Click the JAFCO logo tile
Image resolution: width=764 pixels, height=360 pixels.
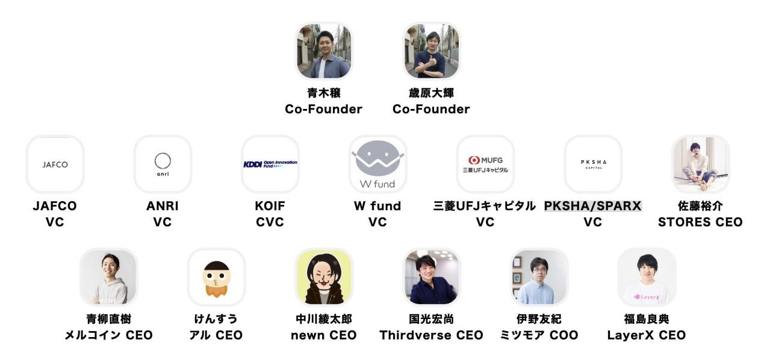[55, 164]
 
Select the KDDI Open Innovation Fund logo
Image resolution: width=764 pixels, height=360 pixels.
[270, 164]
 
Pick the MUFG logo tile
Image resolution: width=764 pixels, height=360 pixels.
[485, 164]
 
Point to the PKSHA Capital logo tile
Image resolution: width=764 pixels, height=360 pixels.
[593, 164]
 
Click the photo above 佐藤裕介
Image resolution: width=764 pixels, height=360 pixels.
[700, 164]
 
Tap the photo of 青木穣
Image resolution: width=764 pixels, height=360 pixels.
[324, 51]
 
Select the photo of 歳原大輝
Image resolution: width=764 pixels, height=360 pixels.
[431, 51]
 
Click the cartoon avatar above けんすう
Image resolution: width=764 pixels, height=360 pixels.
[216, 277]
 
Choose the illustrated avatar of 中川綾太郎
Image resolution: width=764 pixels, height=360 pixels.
[324, 277]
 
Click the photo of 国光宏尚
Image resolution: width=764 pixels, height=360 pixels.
[431, 277]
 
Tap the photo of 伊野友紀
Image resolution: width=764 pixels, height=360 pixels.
[539, 277]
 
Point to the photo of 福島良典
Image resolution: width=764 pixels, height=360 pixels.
[647, 277]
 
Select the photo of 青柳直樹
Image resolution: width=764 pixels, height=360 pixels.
[109, 277]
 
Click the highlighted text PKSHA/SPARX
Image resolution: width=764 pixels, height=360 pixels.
[593, 206]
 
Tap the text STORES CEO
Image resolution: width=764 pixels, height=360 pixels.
[700, 222]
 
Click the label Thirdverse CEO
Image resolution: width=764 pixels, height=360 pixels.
[431, 335]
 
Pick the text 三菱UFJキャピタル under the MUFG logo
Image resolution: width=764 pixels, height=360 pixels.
[485, 206]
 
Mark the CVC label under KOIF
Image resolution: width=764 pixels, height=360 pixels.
[270, 222]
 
